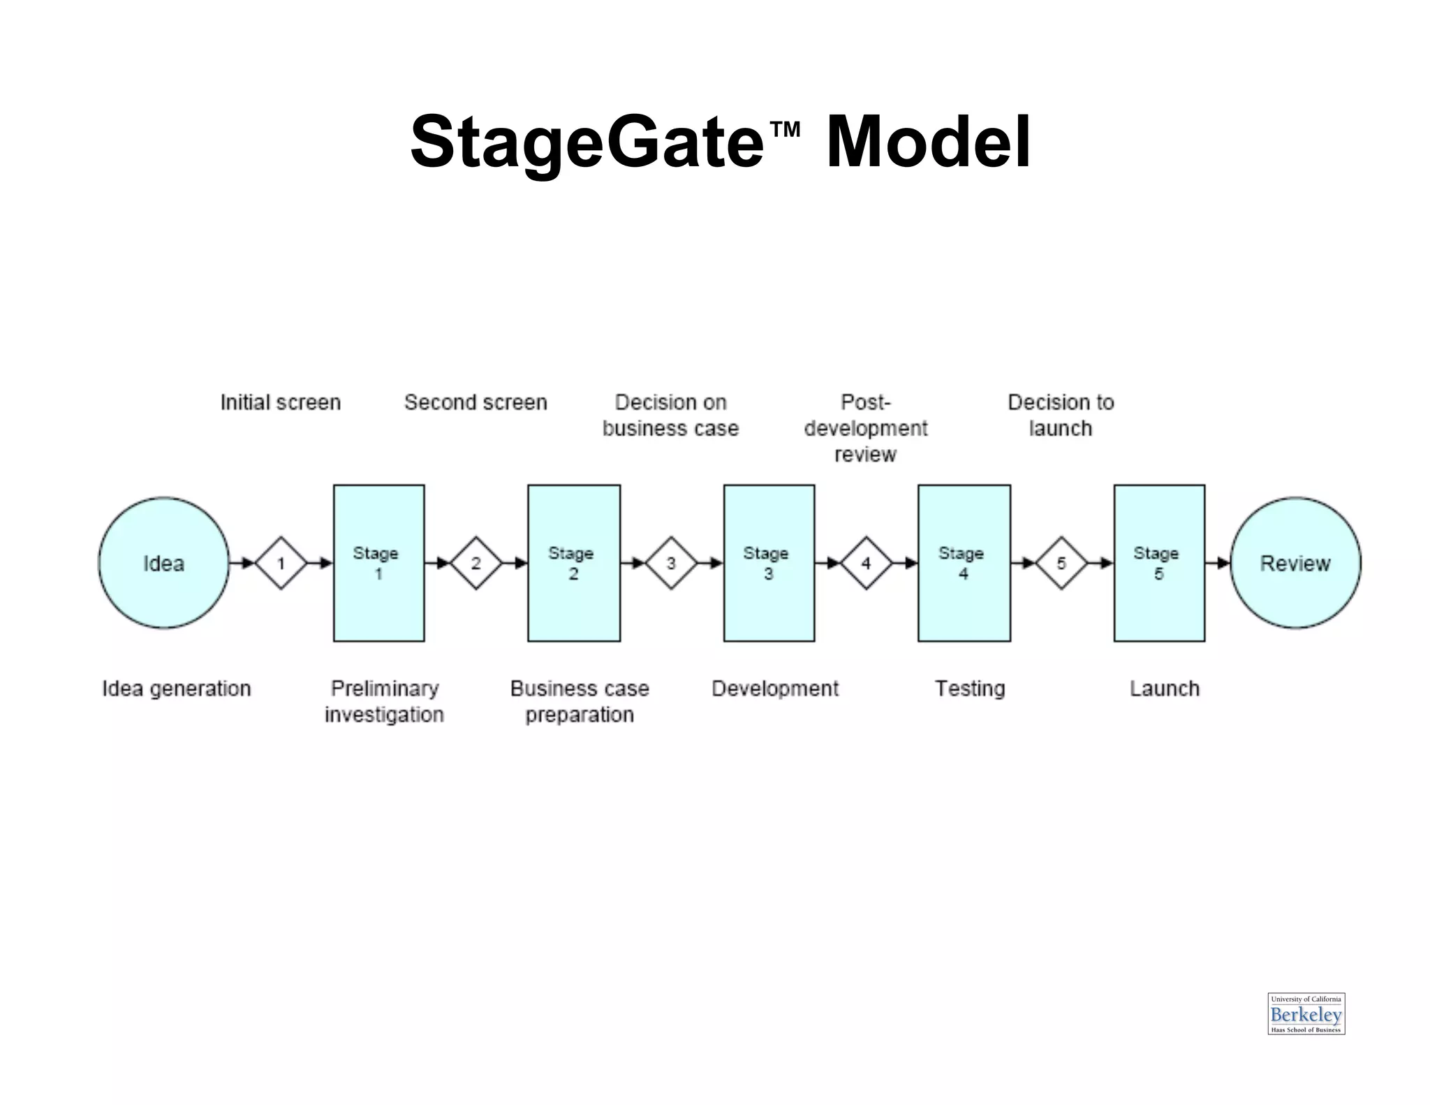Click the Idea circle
(x=163, y=563)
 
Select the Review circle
(x=1295, y=563)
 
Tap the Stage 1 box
(x=378, y=563)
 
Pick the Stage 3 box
(x=769, y=563)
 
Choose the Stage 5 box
(x=1159, y=563)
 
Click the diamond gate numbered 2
(x=476, y=563)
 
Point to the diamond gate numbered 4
(x=866, y=563)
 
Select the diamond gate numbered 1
(x=281, y=563)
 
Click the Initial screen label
(x=281, y=402)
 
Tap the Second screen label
(x=476, y=402)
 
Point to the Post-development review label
(x=866, y=428)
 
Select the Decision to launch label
(x=1061, y=415)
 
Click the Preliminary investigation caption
(x=384, y=701)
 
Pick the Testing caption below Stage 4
(x=970, y=689)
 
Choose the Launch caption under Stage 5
(x=1165, y=689)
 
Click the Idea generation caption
(x=177, y=689)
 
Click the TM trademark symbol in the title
(x=785, y=129)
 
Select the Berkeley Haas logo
(x=1306, y=1013)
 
